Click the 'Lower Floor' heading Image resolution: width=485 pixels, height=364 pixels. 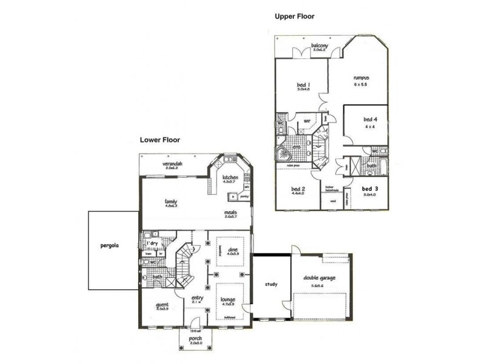coord(161,140)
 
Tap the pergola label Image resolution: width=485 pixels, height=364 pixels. coord(111,247)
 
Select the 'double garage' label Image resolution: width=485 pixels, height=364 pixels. coord(320,278)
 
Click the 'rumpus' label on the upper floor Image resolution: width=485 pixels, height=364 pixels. coord(362,78)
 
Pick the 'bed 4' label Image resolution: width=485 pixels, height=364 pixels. coord(370,120)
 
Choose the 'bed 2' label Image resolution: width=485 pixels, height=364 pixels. coord(298,189)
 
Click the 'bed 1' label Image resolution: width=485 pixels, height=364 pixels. coord(304,85)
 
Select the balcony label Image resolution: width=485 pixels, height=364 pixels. coord(319,46)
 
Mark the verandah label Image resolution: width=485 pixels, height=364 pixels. coord(172,164)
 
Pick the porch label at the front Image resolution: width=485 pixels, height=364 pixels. coord(195,339)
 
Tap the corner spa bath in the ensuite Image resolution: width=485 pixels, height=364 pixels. coord(283,153)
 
